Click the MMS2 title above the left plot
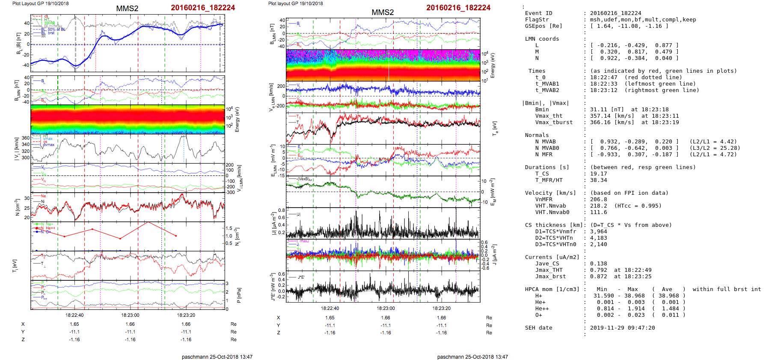pyautogui.click(x=127, y=9)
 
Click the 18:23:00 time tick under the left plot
pyautogui.click(x=130, y=315)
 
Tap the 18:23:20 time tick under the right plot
pyautogui.click(x=442, y=308)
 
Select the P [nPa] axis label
pyautogui.click(x=238, y=295)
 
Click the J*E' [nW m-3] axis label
pyautogui.click(x=273, y=287)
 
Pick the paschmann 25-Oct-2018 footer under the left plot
pyautogui.click(x=217, y=357)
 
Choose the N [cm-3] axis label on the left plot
pyautogui.click(x=18, y=207)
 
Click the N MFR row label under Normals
pyautogui.click(x=543, y=155)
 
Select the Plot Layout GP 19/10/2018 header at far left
pyautogui.click(x=40, y=3)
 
